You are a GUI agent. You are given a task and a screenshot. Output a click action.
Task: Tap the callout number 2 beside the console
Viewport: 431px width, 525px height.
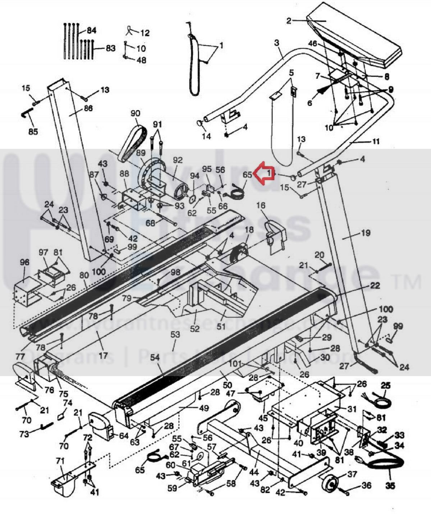click(x=289, y=21)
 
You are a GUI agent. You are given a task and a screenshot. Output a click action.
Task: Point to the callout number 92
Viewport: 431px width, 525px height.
click(x=178, y=161)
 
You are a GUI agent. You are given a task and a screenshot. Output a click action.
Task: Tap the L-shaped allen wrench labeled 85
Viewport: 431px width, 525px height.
click(x=26, y=115)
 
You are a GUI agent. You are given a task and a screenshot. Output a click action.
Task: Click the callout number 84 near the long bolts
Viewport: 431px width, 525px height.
click(x=92, y=30)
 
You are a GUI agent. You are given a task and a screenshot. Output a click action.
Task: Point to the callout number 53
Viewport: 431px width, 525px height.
click(x=175, y=335)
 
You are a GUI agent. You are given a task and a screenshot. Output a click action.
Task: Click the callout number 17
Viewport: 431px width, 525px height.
click(x=103, y=356)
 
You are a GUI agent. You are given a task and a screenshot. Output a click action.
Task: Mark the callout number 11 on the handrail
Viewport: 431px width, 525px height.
click(x=375, y=141)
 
